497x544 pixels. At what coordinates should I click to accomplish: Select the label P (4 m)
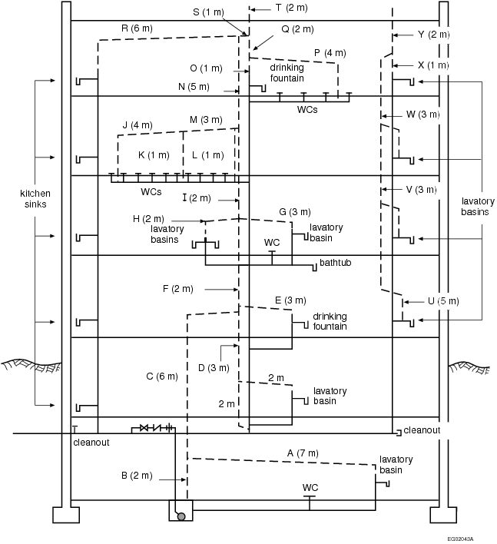(330, 53)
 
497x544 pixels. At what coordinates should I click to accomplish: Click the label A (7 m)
(302, 453)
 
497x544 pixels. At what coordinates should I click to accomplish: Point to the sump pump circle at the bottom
(181, 516)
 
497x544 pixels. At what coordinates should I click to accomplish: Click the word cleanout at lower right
(422, 430)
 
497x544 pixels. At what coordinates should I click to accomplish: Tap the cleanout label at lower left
(91, 443)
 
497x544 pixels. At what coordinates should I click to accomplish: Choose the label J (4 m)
(138, 124)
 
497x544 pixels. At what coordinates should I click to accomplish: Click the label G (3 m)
(294, 211)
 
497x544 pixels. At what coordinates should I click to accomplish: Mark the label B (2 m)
(138, 476)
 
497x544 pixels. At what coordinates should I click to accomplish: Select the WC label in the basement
(310, 487)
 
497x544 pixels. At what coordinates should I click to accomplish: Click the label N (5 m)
(194, 86)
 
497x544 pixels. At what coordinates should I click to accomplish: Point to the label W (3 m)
(422, 114)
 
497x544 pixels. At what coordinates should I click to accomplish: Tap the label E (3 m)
(290, 300)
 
